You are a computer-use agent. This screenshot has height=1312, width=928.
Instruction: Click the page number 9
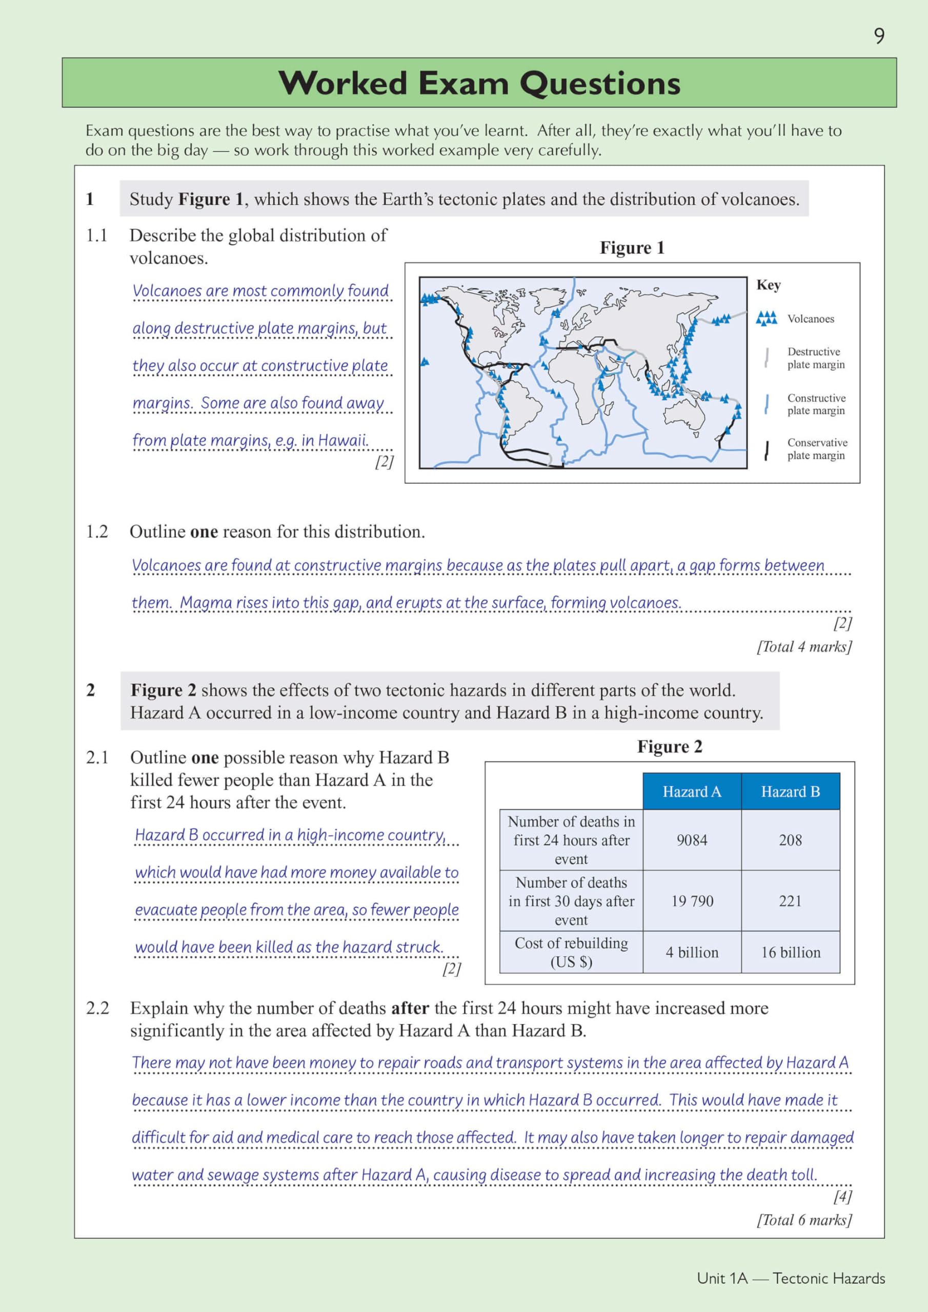tap(879, 36)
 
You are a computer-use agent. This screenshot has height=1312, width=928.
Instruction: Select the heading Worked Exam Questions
tap(479, 83)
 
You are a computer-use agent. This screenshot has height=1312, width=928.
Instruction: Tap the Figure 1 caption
tap(632, 248)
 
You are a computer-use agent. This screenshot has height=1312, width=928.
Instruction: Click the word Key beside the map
tap(769, 284)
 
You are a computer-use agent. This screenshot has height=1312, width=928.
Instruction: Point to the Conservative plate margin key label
tap(817, 448)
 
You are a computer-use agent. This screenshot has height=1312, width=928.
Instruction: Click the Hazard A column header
tap(692, 791)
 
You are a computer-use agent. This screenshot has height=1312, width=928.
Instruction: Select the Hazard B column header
tap(790, 791)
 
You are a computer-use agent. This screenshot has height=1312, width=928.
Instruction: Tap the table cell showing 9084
tap(692, 840)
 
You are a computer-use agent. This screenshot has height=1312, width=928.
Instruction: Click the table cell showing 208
tap(790, 840)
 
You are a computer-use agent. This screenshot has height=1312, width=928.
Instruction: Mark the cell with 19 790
tap(692, 901)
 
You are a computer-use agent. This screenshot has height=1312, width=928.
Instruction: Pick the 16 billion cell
tap(790, 953)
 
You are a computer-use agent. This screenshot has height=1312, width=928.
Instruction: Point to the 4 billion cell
tap(692, 953)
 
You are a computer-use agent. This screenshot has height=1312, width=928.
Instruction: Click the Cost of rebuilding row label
tap(571, 953)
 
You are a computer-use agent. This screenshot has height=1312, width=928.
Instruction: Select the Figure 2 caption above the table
tap(670, 746)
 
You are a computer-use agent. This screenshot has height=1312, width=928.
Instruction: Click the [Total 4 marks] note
tap(804, 646)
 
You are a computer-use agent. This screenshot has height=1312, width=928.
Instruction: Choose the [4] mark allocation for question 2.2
tap(842, 1196)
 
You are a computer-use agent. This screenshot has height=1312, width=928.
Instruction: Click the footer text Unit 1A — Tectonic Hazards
tap(791, 1278)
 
